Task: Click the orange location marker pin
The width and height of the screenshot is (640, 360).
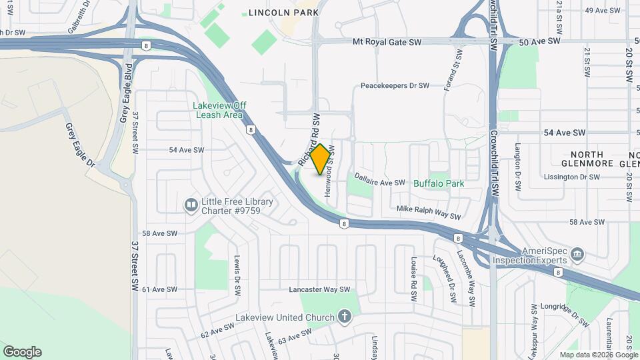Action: [321, 159]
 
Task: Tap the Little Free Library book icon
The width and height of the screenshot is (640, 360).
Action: [191, 204]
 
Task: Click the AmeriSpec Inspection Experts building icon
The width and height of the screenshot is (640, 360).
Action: [577, 253]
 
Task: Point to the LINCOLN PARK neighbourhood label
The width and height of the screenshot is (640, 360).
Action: [283, 12]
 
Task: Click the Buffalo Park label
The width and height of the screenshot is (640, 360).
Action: [438, 183]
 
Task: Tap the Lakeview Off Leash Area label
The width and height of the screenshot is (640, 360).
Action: [219, 110]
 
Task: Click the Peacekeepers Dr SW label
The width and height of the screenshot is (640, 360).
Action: [394, 86]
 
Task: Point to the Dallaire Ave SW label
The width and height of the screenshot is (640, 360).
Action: [379, 182]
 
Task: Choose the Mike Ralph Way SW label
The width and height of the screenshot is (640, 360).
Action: [429, 213]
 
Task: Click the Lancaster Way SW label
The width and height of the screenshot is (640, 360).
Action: [319, 289]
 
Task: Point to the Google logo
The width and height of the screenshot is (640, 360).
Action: [22, 352]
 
